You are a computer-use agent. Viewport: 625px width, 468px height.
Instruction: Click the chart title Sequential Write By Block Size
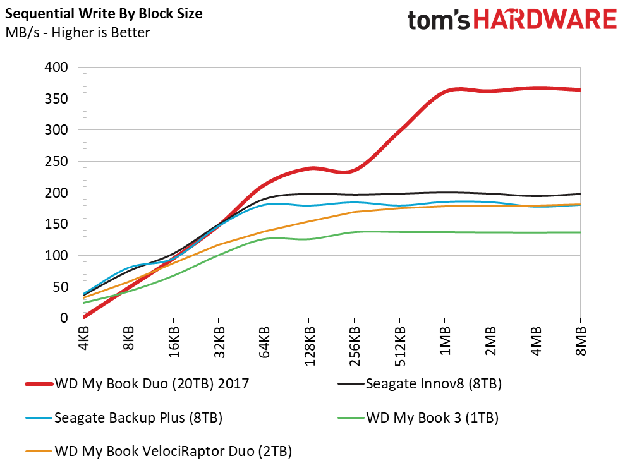click(104, 14)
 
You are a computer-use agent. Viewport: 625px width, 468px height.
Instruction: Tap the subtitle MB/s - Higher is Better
click(78, 32)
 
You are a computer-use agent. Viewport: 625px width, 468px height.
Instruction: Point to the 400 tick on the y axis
click(56, 68)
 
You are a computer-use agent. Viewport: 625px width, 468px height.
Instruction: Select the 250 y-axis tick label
click(56, 162)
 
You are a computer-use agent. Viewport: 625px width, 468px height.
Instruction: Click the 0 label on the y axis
click(64, 318)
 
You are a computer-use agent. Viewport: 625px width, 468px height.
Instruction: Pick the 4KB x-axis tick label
click(83, 339)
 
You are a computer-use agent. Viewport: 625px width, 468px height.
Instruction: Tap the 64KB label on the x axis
click(264, 342)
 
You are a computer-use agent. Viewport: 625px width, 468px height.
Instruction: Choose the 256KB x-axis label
click(355, 346)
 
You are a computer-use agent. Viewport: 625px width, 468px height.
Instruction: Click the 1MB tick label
click(445, 341)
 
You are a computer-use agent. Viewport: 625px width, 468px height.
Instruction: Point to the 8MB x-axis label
click(581, 341)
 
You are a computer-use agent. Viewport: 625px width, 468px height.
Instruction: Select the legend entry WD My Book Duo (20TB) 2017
click(137, 384)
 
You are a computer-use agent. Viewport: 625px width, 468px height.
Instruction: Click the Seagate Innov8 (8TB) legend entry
click(420, 384)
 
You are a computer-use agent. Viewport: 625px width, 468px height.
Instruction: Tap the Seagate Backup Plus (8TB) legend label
click(124, 418)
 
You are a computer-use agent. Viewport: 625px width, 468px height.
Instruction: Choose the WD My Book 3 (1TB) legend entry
click(418, 418)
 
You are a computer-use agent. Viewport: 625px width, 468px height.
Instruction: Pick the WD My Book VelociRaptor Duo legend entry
click(159, 452)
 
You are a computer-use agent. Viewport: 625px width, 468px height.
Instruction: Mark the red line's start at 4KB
click(83, 318)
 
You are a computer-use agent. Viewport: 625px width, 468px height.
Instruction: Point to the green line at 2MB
click(490, 232)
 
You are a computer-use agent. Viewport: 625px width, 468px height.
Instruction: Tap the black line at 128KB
click(309, 194)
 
